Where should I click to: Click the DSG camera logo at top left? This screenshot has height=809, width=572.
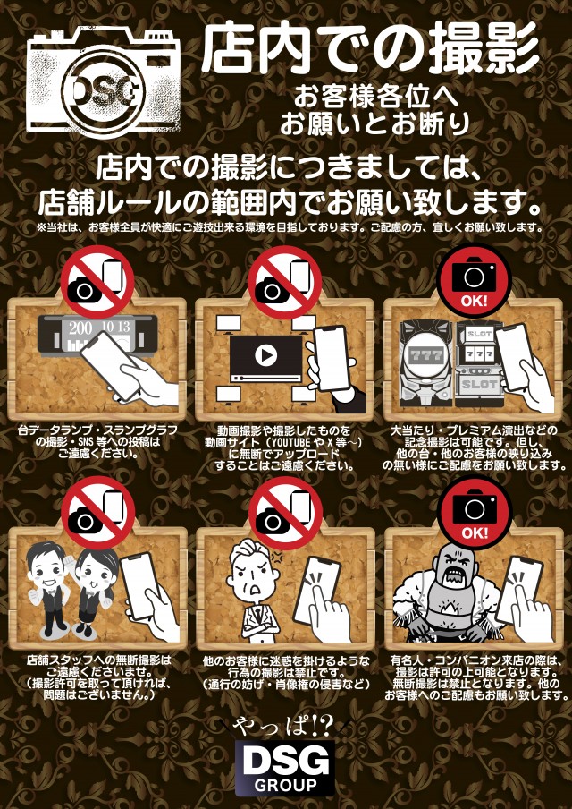point(103,82)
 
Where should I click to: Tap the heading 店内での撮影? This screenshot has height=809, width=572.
point(369,49)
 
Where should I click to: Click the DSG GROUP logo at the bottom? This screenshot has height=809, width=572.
point(285,767)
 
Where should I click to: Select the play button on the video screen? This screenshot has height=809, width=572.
point(265,353)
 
